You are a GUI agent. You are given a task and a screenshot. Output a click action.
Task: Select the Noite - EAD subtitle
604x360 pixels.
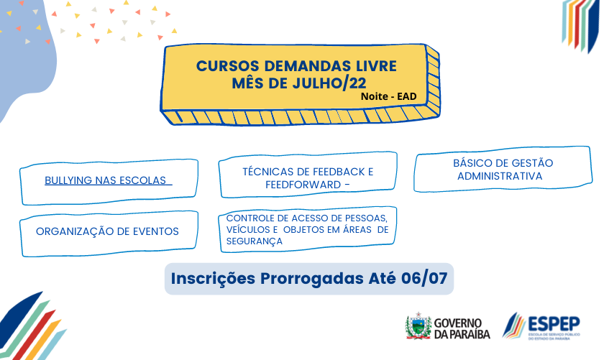pos(389,96)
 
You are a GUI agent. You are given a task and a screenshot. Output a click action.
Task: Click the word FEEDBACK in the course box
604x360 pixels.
pos(333,172)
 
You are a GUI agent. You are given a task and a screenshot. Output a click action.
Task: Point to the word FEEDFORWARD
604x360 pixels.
pos(303,185)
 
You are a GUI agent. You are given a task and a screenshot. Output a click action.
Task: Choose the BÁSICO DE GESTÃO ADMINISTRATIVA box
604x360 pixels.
pos(503,169)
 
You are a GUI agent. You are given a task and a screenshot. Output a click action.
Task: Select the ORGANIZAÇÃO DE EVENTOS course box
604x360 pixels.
pos(109,234)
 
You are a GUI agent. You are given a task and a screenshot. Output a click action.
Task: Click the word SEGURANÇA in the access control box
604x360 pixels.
pos(255,241)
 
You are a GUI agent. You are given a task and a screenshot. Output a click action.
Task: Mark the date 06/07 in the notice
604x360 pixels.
pos(424,278)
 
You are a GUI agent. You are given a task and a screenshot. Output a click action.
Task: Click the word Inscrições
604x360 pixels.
pos(213,279)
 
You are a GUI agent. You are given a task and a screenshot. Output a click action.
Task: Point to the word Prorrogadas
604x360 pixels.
pos(311,279)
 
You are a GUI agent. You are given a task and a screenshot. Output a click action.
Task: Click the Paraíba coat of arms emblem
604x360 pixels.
pos(418,326)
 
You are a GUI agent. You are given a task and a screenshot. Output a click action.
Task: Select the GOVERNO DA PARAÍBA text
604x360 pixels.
pos(462,328)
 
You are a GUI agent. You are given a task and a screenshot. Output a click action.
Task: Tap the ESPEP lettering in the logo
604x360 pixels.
pos(554,324)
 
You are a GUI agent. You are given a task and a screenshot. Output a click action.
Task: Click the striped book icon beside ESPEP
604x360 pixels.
pos(514,326)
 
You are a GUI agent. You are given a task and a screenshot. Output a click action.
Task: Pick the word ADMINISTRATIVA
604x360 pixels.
pos(500,176)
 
